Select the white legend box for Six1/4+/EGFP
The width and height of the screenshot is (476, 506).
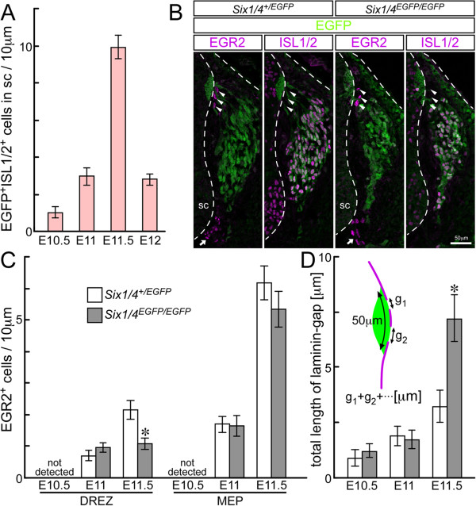click(95, 295)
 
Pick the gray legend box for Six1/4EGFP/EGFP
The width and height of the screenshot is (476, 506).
click(95, 315)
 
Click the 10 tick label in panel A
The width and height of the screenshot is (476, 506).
click(26, 46)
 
